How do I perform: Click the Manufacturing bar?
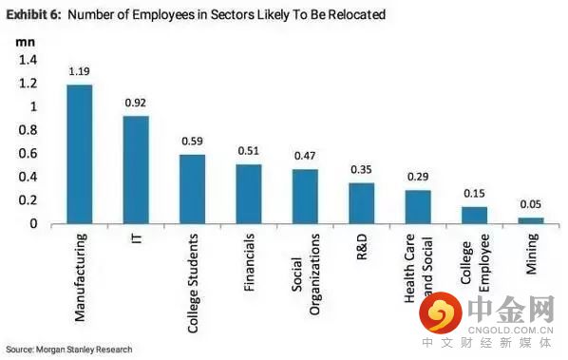(x=80, y=154)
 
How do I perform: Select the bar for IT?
(x=136, y=170)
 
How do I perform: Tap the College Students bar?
(x=193, y=189)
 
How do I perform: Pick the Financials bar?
(x=249, y=194)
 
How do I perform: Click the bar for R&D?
(x=362, y=203)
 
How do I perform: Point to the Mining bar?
(x=531, y=220)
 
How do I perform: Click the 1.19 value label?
(x=80, y=71)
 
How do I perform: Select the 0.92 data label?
(x=136, y=103)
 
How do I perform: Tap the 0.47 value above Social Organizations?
(x=305, y=156)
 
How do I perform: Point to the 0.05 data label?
(x=531, y=204)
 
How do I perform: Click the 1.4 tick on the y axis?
(x=28, y=60)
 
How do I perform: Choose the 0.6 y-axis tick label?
(x=28, y=153)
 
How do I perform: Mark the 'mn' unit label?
(x=26, y=43)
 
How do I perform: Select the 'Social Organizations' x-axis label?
(x=306, y=275)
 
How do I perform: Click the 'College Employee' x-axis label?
(x=475, y=263)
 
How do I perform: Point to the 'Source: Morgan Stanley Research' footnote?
(x=69, y=350)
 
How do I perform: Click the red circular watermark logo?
(x=441, y=313)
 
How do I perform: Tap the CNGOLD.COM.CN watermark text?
(x=511, y=330)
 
